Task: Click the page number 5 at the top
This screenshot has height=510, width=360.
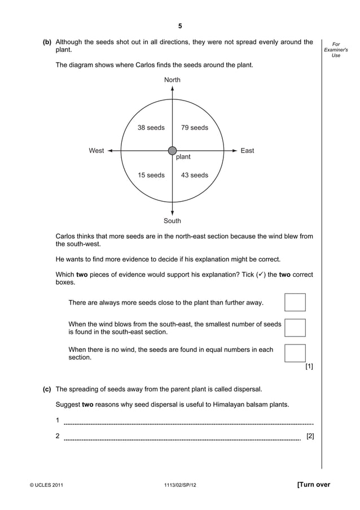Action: tap(180, 26)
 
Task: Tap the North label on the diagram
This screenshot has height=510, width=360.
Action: tap(172, 80)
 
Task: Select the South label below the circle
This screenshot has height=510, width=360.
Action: tap(172, 221)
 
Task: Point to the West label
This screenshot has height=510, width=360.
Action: tap(96, 151)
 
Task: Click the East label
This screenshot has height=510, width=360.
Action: tap(247, 151)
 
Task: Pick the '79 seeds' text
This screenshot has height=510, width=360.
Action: tap(195, 128)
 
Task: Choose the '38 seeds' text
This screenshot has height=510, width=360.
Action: tap(151, 128)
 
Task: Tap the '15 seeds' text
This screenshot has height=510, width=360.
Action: tap(151, 175)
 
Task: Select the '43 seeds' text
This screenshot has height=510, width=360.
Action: tap(195, 175)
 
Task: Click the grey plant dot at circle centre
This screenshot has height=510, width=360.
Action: tap(172, 151)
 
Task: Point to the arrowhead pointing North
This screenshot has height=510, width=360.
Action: tap(172, 89)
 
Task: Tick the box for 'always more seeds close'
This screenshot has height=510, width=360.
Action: tap(295, 302)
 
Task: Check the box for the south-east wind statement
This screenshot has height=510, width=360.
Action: tap(295, 328)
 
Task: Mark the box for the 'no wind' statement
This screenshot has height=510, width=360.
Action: tap(295, 353)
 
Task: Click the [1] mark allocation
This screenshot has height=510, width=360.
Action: tap(309, 367)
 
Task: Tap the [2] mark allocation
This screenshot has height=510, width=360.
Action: tap(310, 436)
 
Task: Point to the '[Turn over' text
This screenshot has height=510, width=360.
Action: tap(313, 485)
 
